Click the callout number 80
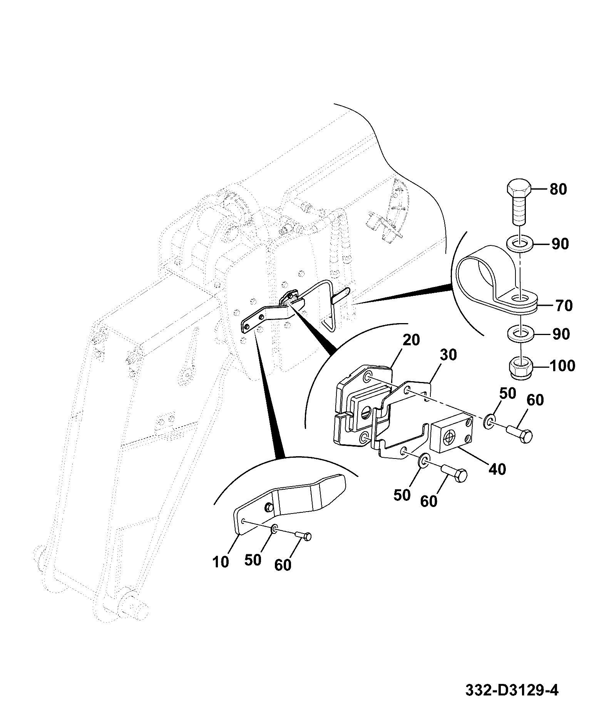pyautogui.click(x=558, y=189)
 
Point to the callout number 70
pyautogui.click(x=563, y=306)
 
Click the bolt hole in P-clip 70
pyautogui.click(x=520, y=298)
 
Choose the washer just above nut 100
pyautogui.click(x=520, y=333)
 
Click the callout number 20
pyautogui.click(x=411, y=340)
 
